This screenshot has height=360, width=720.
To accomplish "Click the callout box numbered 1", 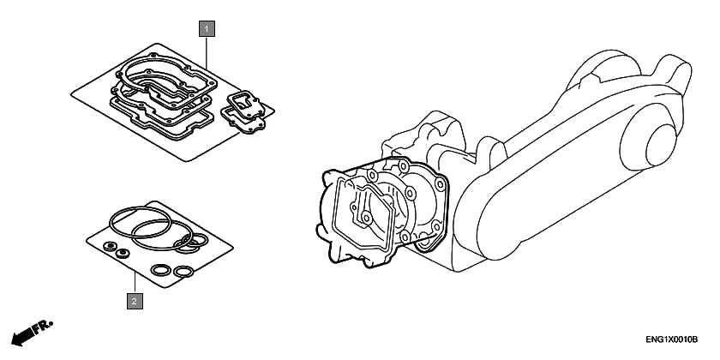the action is (207, 29).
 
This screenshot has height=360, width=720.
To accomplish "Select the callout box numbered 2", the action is (135, 301).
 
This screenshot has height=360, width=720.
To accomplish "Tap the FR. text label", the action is (45, 326).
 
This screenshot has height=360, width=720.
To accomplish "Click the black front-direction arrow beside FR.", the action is (23, 336).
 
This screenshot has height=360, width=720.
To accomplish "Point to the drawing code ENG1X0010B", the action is (671, 339).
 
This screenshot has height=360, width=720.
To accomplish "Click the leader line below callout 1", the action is (207, 54).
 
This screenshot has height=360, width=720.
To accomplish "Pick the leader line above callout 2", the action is (135, 282).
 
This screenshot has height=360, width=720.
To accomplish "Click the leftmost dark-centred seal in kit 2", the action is (111, 247).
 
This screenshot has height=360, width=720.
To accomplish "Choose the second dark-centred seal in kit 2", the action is (123, 253).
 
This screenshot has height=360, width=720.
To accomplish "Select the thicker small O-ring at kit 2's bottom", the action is (161, 270).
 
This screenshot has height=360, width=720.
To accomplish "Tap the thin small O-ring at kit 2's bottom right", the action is (183, 272).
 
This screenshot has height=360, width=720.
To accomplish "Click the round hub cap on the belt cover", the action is (661, 145).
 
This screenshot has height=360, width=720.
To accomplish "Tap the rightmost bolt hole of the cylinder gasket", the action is (440, 185).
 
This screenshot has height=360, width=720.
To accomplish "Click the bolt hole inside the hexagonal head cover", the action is (366, 218).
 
